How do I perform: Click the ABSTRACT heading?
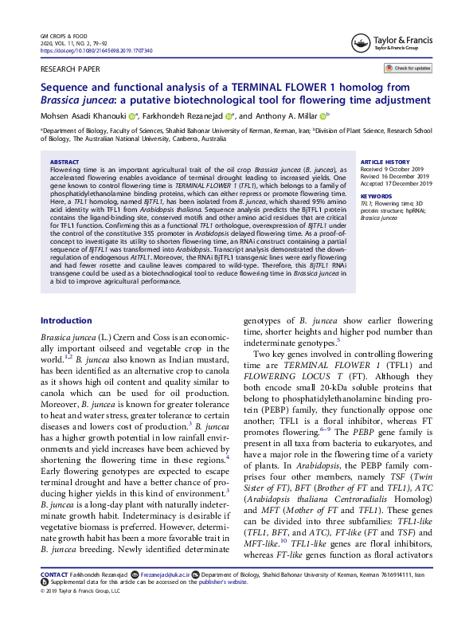click(x=64, y=161)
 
